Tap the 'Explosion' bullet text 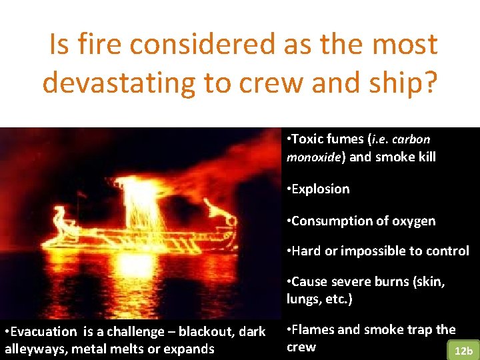pyautogui.click(x=320, y=189)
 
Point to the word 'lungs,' pyautogui.click(x=305, y=299)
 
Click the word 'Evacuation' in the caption pyautogui.click(x=43, y=332)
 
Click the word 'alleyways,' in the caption pyautogui.click(x=32, y=349)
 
